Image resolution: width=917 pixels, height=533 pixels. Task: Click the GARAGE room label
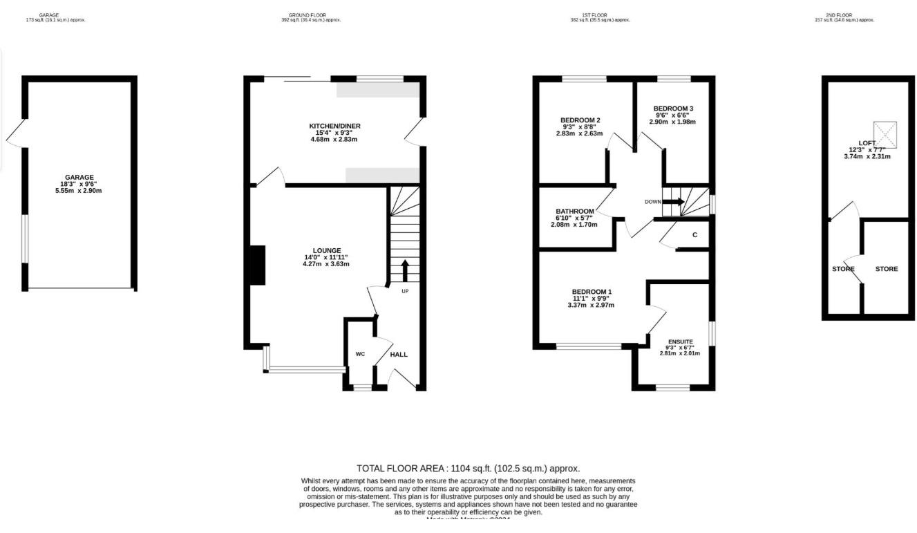pos(79,177)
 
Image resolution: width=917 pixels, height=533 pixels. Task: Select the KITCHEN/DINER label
pos(334,126)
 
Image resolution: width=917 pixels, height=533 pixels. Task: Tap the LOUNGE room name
pos(326,250)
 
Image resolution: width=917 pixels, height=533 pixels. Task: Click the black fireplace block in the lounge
pos(257,265)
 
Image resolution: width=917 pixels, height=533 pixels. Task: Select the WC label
pos(360,354)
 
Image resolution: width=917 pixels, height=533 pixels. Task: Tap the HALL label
pos(399,354)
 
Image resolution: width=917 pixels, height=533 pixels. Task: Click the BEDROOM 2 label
pos(580,120)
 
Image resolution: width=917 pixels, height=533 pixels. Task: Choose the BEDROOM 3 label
pos(673,109)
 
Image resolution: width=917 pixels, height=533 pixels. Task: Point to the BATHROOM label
pos(574,211)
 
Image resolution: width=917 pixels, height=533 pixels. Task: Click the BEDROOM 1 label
pos(591,291)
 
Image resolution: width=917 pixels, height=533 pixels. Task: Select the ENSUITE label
pos(680,341)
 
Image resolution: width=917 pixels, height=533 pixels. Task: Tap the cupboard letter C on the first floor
pos(694,235)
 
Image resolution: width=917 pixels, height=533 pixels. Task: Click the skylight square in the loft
pos(885,134)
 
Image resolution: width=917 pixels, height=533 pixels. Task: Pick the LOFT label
pos(867,143)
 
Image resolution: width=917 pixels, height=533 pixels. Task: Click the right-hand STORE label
pos(887,269)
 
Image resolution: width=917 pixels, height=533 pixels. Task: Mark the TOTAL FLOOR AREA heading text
pos(468,468)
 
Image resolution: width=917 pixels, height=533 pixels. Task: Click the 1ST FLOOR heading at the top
pos(595,15)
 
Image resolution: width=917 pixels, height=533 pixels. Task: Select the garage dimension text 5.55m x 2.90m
pos(79,191)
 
